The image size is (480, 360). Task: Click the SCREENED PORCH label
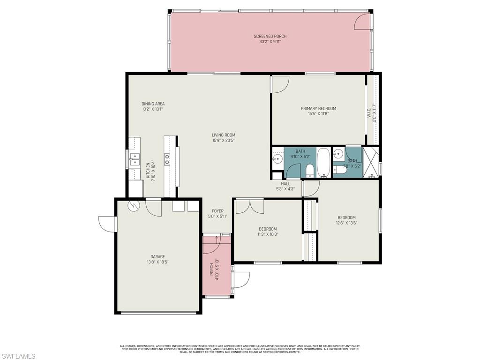270,36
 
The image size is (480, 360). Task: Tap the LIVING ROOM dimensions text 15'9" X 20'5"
223,140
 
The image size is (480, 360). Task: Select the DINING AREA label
153,104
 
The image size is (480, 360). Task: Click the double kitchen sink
134,160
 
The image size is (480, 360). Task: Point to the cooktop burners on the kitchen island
167,159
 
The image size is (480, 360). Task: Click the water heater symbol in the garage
133,205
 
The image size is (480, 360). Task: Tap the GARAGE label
157,256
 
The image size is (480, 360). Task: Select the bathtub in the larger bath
323,162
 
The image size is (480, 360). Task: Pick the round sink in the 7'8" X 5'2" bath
337,153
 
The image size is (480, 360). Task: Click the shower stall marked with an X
370,161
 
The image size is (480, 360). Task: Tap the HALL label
285,184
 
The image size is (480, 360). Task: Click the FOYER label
217,211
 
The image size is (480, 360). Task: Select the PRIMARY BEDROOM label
318,108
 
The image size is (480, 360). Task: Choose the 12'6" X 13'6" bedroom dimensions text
346,223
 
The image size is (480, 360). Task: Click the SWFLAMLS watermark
18,356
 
